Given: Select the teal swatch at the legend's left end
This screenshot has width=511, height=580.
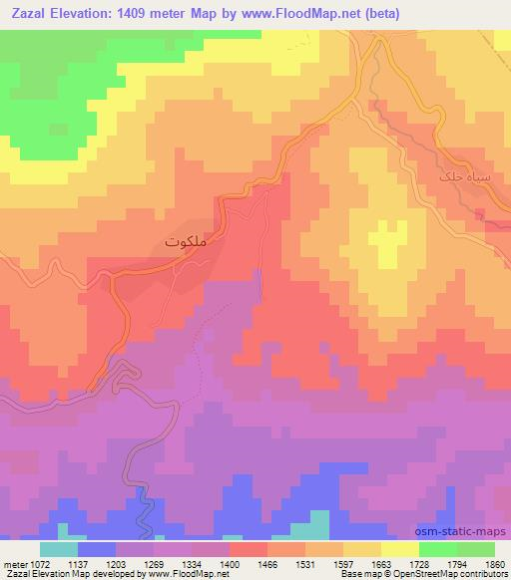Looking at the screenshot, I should [59, 548].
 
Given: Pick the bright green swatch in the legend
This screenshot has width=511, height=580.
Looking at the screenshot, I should [437, 548].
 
